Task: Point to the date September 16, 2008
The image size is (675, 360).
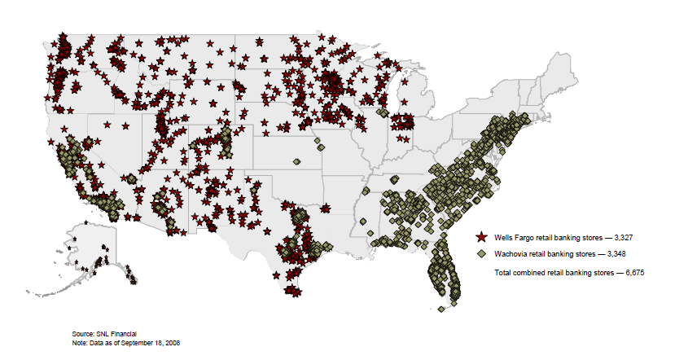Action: pos(151,343)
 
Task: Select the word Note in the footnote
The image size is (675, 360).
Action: pos(80,343)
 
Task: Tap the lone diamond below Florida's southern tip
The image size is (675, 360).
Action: pos(441,310)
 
